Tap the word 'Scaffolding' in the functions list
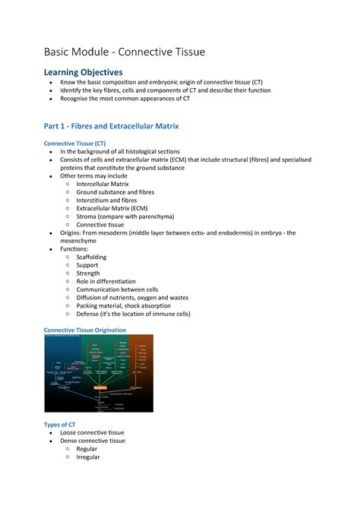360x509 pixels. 92,258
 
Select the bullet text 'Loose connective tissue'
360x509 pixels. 98,432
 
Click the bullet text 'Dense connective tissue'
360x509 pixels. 99,441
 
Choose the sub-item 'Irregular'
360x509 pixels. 88,457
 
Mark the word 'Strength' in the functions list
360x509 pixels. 88,273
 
